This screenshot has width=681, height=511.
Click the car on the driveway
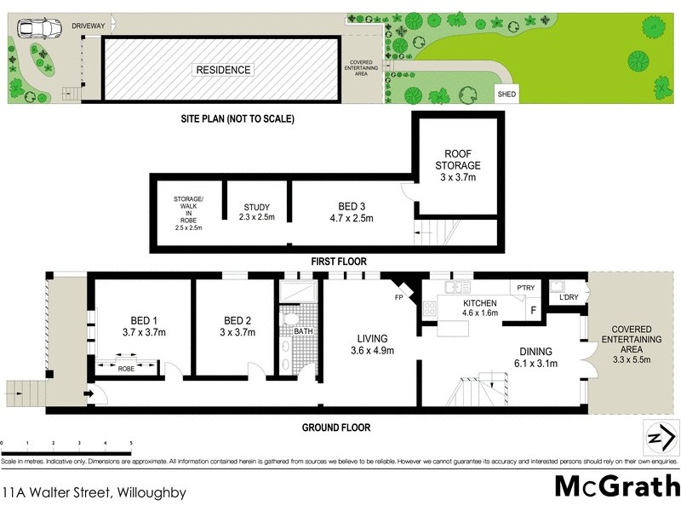point(37,29)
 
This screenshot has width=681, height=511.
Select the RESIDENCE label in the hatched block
point(224,70)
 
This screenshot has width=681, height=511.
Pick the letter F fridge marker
point(532,309)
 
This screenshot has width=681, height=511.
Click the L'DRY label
point(568,298)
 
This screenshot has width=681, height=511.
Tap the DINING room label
point(532,351)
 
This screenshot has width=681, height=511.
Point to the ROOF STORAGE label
point(458,159)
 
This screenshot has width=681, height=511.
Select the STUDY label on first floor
point(256,207)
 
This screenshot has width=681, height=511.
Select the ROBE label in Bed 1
point(126,368)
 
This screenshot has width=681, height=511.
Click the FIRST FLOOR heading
point(340,261)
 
